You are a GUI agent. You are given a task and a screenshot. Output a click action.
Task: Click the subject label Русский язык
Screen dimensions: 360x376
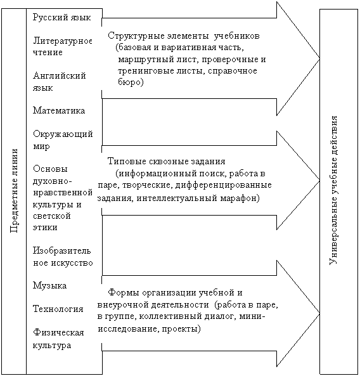62,18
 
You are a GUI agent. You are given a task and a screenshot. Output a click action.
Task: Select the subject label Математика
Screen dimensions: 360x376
59,110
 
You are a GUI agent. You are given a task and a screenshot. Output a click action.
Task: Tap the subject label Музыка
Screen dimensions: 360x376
49,285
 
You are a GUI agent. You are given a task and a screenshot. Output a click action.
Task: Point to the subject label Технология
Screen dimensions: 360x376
58,309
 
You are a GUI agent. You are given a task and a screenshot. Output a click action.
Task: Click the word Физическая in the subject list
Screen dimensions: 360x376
58,332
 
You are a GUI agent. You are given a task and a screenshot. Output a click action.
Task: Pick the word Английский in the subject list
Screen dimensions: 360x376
60,76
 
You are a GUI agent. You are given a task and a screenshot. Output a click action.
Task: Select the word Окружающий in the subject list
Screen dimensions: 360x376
63,134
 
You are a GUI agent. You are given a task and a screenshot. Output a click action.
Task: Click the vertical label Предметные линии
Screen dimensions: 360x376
15,191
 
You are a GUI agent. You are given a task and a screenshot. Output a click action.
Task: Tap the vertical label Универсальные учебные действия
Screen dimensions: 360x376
333,190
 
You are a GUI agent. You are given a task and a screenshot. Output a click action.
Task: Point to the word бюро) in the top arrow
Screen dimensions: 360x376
131,82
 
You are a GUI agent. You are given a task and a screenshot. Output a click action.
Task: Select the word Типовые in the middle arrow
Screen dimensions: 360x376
127,162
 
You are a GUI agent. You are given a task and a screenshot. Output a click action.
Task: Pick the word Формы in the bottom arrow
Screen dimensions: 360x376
123,293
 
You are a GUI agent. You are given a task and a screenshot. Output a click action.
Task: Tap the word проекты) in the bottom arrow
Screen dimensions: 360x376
181,328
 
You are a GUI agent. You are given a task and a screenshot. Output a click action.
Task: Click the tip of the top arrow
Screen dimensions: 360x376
319,58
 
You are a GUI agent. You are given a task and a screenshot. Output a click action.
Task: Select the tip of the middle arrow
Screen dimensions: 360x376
319,180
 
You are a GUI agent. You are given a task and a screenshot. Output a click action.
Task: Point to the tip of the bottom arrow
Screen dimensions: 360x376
319,313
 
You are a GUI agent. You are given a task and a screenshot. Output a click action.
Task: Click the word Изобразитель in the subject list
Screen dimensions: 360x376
62,251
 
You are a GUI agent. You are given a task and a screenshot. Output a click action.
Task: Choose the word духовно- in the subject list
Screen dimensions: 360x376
53,181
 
